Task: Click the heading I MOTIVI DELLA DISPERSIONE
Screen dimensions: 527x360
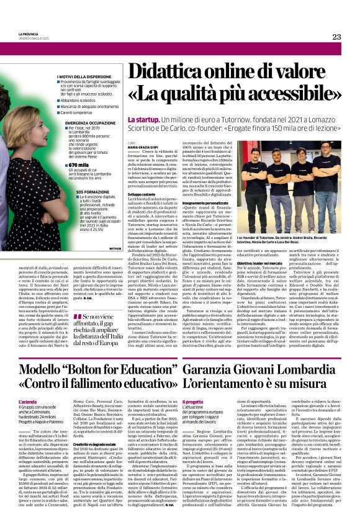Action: pos(84,75)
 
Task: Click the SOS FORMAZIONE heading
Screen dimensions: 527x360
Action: pos(89,192)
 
